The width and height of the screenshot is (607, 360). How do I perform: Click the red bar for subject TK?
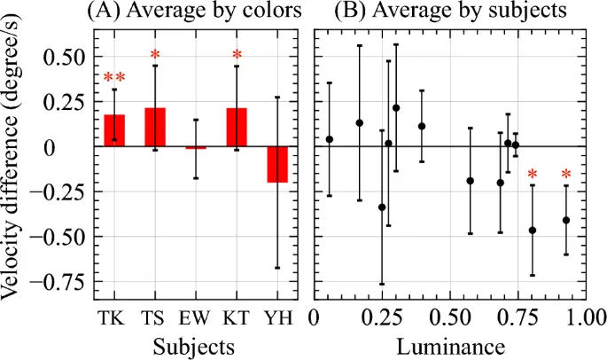114,130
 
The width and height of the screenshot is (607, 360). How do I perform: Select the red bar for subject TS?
155,127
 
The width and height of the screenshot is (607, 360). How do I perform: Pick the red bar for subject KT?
237,127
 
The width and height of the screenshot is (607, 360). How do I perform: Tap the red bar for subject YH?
277,164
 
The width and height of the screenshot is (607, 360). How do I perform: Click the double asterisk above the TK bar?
114,79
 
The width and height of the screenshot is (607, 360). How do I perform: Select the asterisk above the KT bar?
237,58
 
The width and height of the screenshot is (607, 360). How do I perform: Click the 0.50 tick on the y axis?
66,56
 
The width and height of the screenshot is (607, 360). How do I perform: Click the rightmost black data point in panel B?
565,220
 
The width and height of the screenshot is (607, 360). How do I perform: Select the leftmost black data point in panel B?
330,139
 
